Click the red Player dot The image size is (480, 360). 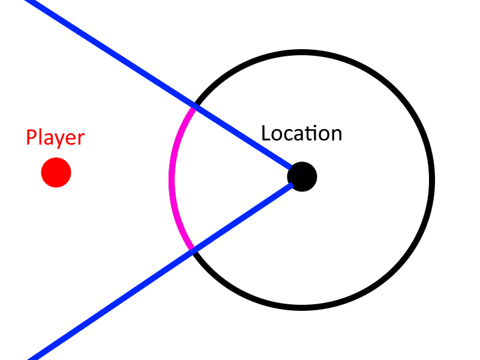[56, 173]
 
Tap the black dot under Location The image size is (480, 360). [302, 176]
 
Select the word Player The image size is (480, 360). [55, 138]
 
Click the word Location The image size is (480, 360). [301, 133]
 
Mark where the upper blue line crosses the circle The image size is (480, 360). [193, 107]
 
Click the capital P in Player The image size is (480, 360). [32, 138]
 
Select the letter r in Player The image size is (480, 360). [80, 139]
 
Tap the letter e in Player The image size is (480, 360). [70, 139]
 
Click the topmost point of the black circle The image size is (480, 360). [301, 53]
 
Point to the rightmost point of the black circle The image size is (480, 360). [431, 180]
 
